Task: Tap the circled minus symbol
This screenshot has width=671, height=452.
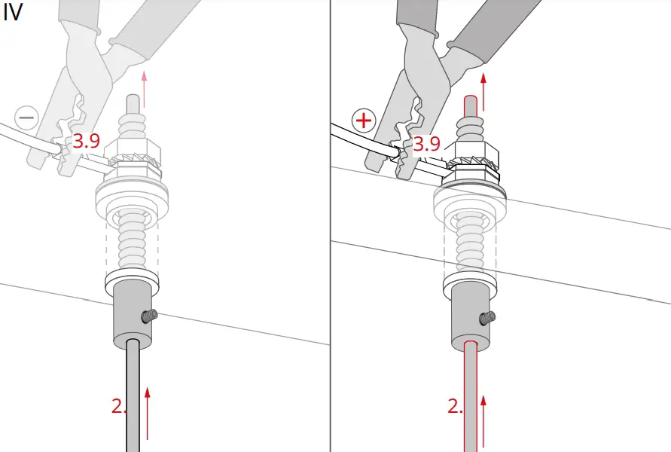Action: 26,118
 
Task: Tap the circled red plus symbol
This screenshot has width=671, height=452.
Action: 364,120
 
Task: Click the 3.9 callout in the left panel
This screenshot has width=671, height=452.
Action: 87,141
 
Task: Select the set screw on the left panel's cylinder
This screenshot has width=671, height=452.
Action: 149,317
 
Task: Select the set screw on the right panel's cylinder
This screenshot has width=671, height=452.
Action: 487,318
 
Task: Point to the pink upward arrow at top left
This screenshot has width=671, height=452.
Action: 145,87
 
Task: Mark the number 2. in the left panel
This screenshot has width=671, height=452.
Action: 119,406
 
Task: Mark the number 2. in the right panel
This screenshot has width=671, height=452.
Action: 456,406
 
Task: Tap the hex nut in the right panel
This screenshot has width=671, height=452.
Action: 473,151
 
